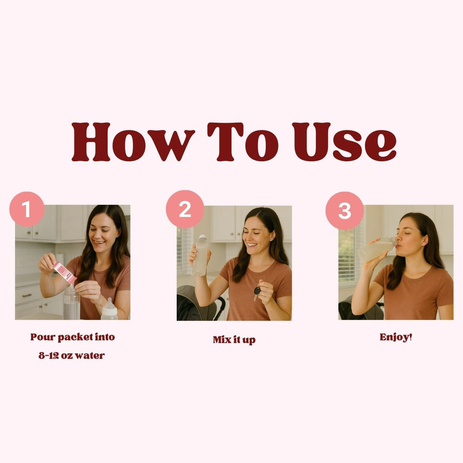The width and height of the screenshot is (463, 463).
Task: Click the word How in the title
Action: tap(133, 142)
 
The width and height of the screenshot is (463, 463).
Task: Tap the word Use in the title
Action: tap(344, 142)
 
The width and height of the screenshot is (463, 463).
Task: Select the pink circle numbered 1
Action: tap(27, 209)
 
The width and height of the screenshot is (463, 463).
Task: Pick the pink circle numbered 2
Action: tap(185, 209)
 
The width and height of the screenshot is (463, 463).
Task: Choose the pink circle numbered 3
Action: tap(345, 211)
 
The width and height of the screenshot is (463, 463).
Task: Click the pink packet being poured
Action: tap(65, 273)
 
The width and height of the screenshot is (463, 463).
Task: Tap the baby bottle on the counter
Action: tap(109, 309)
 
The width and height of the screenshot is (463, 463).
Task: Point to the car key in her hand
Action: tap(257, 293)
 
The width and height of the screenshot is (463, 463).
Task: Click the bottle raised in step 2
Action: tap(200, 255)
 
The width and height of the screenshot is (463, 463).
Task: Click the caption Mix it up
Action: tap(234, 340)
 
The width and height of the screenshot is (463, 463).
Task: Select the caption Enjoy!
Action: tap(396, 337)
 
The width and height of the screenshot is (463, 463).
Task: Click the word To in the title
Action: tap(243, 142)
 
